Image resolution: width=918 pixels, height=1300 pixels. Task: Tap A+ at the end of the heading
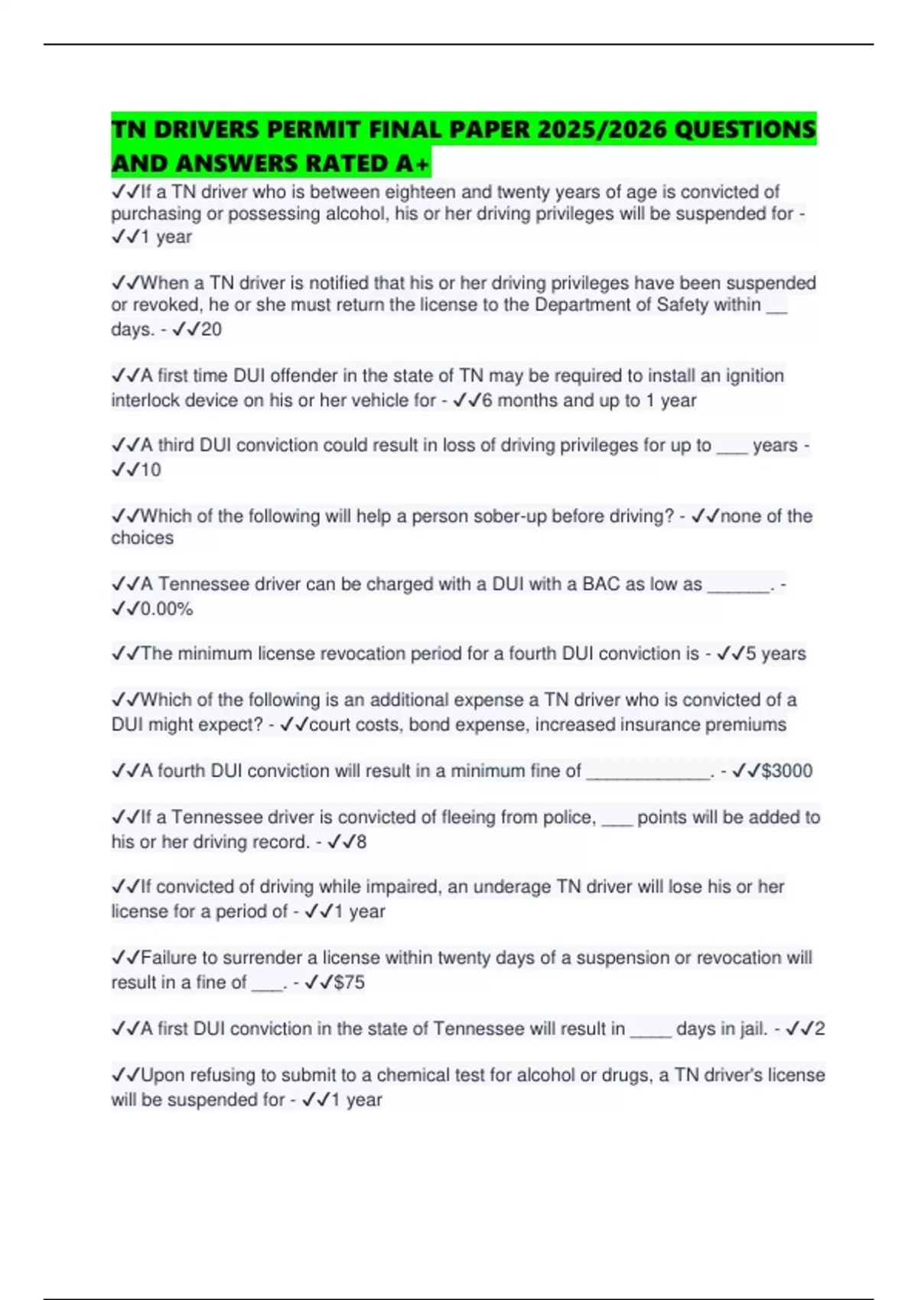(x=414, y=163)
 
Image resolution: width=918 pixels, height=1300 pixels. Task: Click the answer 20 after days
(x=211, y=330)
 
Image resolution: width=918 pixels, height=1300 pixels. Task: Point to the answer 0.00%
(x=167, y=609)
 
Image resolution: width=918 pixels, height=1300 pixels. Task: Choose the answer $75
(x=349, y=983)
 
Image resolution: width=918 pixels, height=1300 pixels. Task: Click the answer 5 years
(x=776, y=654)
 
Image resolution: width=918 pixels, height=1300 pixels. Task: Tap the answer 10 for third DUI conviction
(x=151, y=470)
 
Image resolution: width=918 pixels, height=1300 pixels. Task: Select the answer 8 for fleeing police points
(x=361, y=842)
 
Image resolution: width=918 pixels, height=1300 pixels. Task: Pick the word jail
(x=749, y=1029)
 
